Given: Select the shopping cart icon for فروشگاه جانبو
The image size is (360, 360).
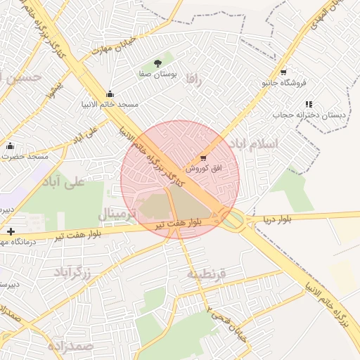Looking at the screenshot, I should click(283, 72).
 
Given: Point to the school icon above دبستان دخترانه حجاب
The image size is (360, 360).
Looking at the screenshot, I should click(309, 104).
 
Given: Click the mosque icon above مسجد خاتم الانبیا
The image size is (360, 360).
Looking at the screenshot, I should click(109, 94).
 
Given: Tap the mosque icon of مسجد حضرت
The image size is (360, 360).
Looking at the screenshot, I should click(10, 146).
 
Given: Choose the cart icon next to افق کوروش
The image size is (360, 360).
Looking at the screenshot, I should click(203, 158).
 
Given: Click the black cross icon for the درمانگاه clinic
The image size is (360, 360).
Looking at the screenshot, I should click(10, 231).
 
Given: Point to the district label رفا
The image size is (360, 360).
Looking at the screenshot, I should click(194, 81).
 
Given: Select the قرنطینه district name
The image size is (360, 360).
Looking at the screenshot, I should click(206, 274).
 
